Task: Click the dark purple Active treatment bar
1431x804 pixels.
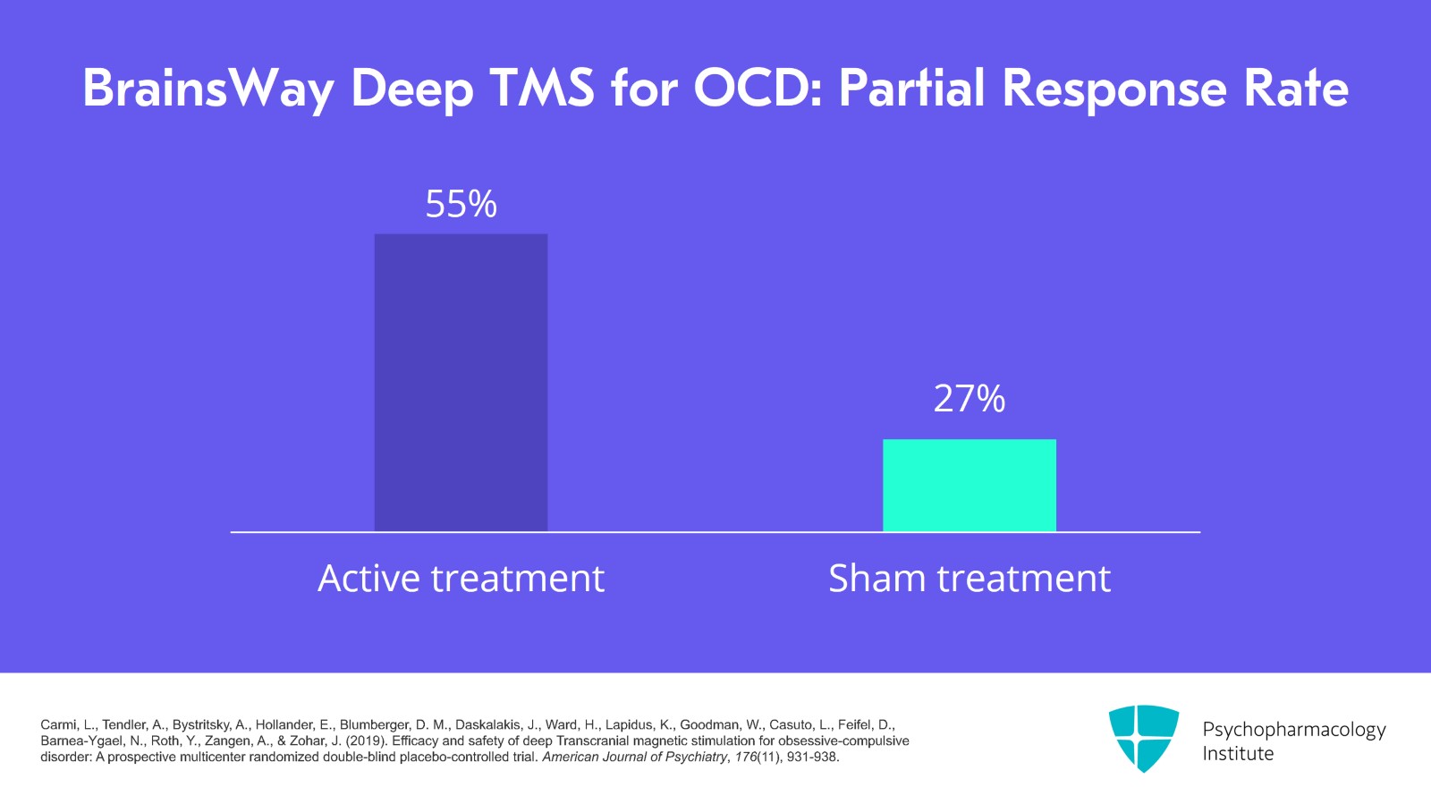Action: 461,383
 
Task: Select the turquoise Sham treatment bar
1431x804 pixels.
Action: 969,485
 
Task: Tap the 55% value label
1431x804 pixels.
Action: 461,204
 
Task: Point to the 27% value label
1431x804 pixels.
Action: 969,399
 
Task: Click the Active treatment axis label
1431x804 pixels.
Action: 461,579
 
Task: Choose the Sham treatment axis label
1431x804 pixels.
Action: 969,579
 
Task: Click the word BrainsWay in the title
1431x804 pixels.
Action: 208,89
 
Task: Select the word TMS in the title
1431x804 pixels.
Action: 542,88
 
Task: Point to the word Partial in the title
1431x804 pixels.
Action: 911,88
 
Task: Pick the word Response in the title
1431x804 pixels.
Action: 1114,89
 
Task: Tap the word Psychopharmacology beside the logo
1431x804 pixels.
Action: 1293,730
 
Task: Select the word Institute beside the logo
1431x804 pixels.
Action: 1238,754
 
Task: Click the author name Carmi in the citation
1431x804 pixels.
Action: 58,725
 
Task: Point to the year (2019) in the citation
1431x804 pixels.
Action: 367,741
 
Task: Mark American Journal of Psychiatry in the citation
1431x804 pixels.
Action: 634,757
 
